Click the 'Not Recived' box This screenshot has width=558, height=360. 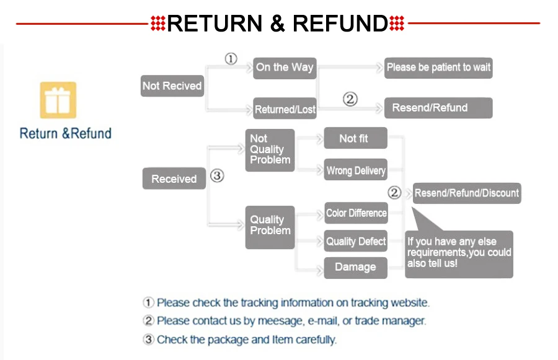coord(172,86)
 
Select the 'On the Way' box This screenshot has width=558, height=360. coord(285,68)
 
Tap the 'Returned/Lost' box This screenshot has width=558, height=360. coord(285,109)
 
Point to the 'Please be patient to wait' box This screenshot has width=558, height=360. coord(438,68)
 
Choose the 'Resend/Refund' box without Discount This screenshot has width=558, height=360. coord(438,108)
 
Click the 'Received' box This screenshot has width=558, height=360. coord(174,178)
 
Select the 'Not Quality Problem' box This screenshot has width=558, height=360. coord(270,149)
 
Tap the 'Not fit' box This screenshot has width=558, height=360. coord(355,139)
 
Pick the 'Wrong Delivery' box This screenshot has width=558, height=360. coord(355,170)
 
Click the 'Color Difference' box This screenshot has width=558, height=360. coord(356,213)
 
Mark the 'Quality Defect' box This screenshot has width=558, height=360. coord(356,241)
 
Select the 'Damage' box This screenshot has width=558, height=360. coord(355,267)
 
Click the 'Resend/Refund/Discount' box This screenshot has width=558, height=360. coord(466,193)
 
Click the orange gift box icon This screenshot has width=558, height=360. coord(58,100)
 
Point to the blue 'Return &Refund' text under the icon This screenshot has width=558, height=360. coord(65,133)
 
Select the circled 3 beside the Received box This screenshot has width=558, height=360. coord(216,176)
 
